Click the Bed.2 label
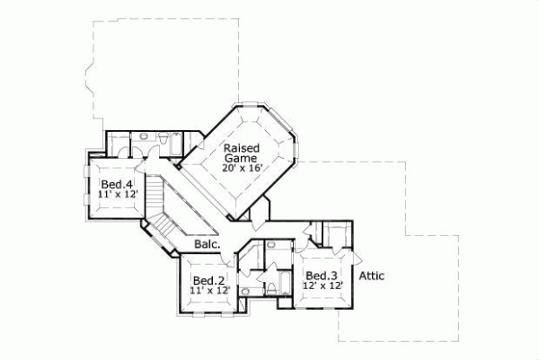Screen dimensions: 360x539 pos(208,280)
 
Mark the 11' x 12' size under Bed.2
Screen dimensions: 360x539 pos(209,291)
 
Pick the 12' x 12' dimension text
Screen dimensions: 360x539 pos(322,286)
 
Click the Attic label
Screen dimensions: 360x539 pos(372,276)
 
